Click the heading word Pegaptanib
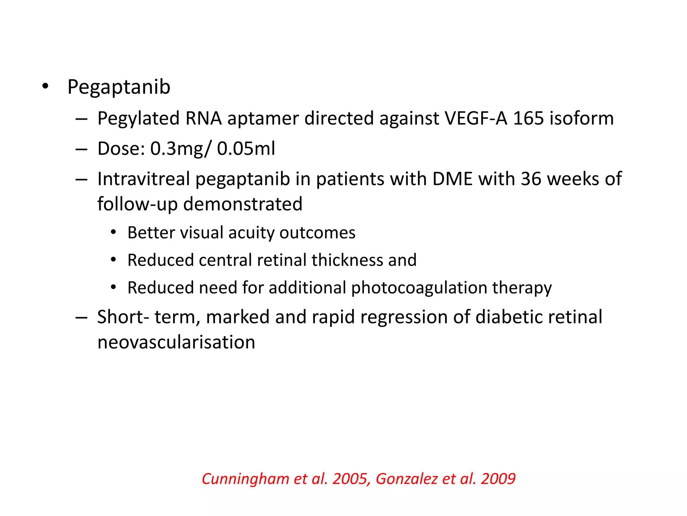[x=119, y=87]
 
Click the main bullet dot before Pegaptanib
[x=45, y=87]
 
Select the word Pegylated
[x=139, y=119]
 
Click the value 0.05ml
[x=246, y=148]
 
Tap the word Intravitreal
[x=144, y=179]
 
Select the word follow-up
[x=137, y=204]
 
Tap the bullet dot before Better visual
[x=113, y=232]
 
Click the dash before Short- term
[x=82, y=317]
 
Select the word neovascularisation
[x=176, y=342]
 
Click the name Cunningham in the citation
[x=245, y=479]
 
